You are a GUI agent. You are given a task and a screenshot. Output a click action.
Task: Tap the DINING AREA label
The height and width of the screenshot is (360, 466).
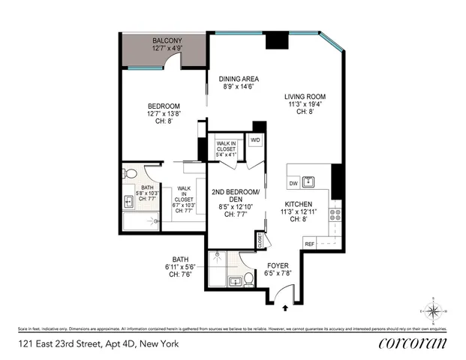point(239,79)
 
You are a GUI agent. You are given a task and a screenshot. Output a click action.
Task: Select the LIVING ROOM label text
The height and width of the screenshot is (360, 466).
point(304,96)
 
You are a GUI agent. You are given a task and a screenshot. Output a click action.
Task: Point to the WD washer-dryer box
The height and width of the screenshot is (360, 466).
point(255,139)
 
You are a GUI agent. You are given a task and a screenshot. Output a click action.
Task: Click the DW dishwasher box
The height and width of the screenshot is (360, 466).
point(293,182)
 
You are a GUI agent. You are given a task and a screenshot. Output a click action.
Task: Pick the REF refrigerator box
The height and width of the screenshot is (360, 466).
point(308,244)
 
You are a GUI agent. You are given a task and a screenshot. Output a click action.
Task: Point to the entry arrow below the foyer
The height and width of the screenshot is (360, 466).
point(284,306)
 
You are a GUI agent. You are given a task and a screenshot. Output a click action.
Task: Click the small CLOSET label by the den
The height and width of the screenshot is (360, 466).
point(260,241)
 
